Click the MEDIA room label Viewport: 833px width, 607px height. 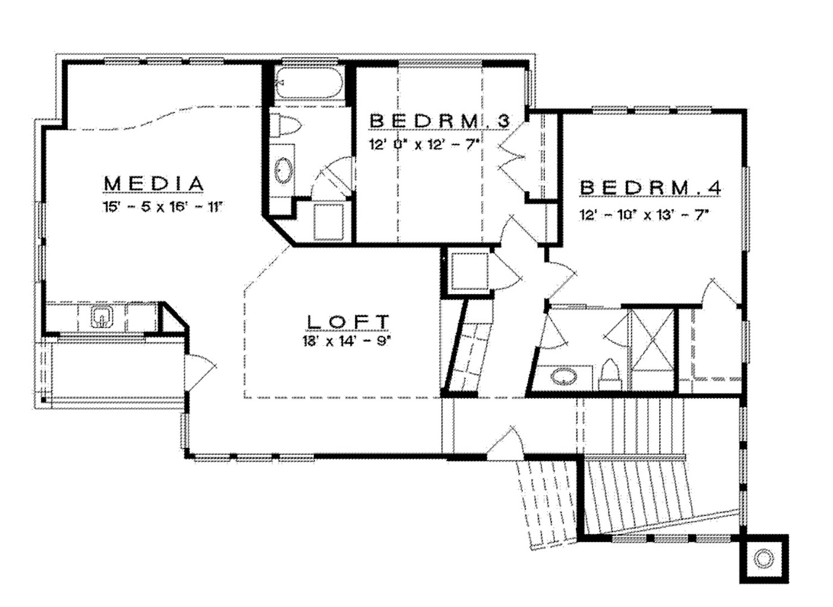pyautogui.click(x=153, y=184)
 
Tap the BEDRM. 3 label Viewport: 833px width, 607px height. pyautogui.click(x=440, y=121)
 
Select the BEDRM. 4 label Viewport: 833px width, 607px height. pyautogui.click(x=650, y=188)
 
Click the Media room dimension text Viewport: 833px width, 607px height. pyautogui.click(x=163, y=207)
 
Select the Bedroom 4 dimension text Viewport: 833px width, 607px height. pyautogui.click(x=644, y=215)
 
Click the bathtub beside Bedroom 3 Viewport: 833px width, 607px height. pyautogui.click(x=309, y=82)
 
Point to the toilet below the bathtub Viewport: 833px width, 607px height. pyautogui.click(x=285, y=124)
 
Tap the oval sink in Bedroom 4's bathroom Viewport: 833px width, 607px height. pyautogui.click(x=563, y=376)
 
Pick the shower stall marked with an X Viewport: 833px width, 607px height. pyautogui.click(x=652, y=339)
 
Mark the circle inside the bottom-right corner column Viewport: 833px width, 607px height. pyautogui.click(x=764, y=558)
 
